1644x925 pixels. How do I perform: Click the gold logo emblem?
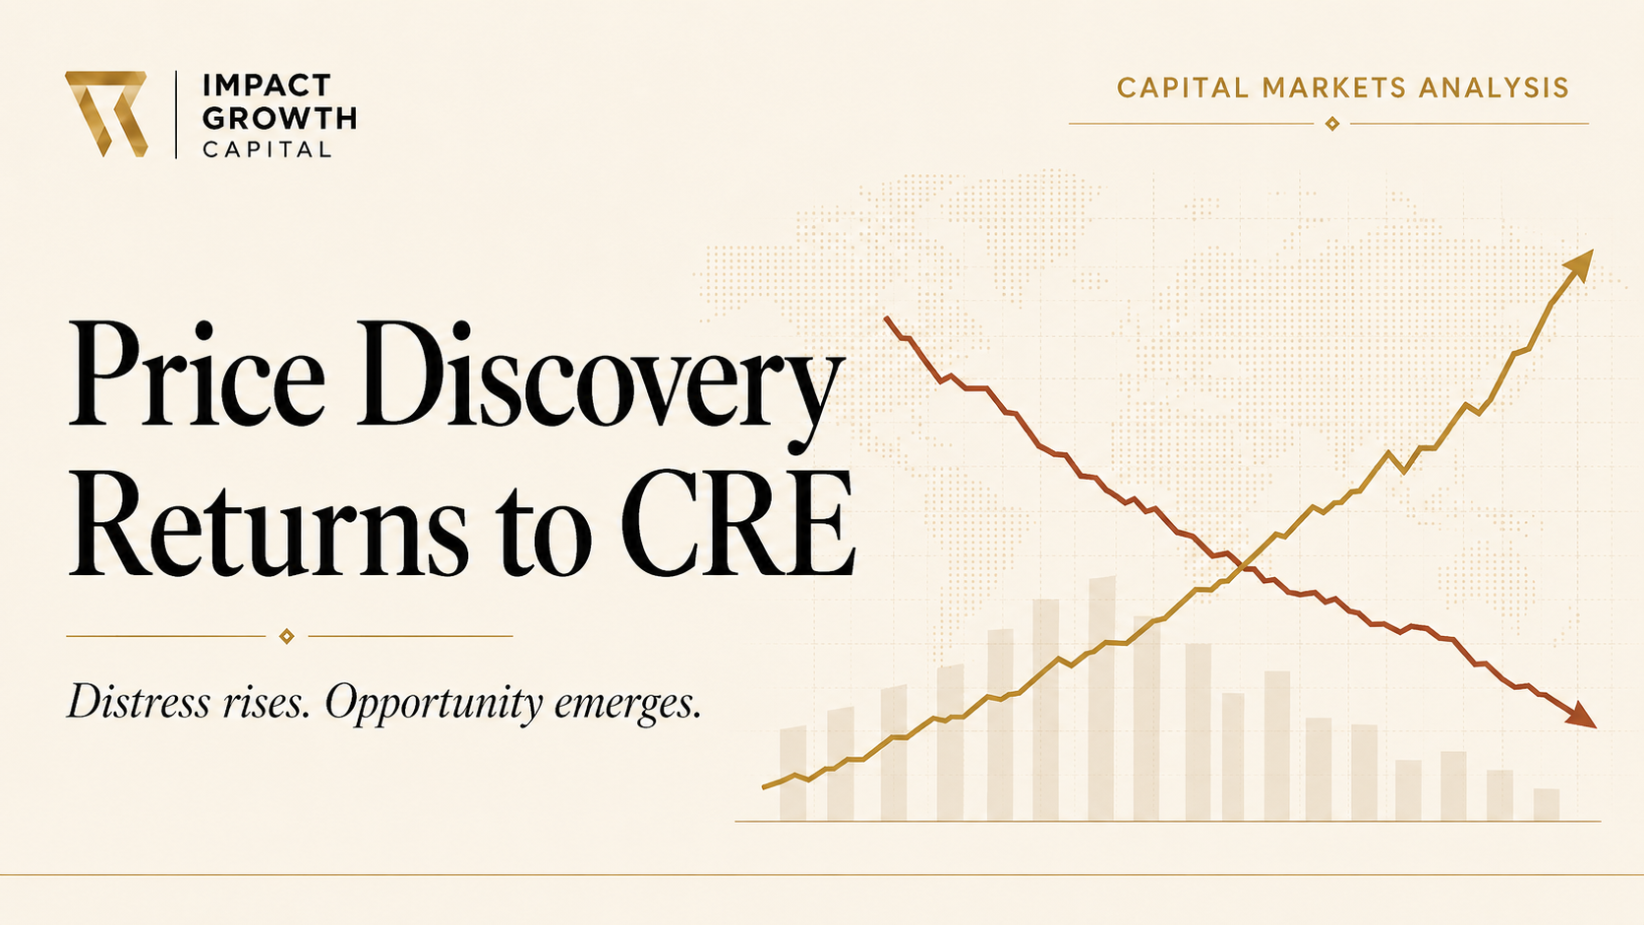click(106, 114)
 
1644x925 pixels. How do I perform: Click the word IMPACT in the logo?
click(267, 86)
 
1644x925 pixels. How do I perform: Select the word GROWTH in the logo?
click(279, 118)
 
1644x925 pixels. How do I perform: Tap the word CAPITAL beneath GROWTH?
click(267, 149)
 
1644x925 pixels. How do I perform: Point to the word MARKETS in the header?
click(1334, 88)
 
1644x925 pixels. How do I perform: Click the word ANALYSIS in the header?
click(1495, 88)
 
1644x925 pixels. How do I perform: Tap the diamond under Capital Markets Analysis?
click(1332, 124)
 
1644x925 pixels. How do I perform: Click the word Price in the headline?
click(197, 374)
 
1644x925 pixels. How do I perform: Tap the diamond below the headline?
click(287, 636)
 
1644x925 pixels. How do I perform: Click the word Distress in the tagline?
click(138, 701)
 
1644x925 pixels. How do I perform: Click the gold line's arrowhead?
click(1577, 265)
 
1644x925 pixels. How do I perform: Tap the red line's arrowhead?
click(1581, 716)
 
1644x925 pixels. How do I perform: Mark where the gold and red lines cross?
click(1243, 566)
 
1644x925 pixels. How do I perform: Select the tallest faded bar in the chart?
click(1101, 698)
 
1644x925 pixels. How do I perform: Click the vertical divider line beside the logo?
click(176, 114)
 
